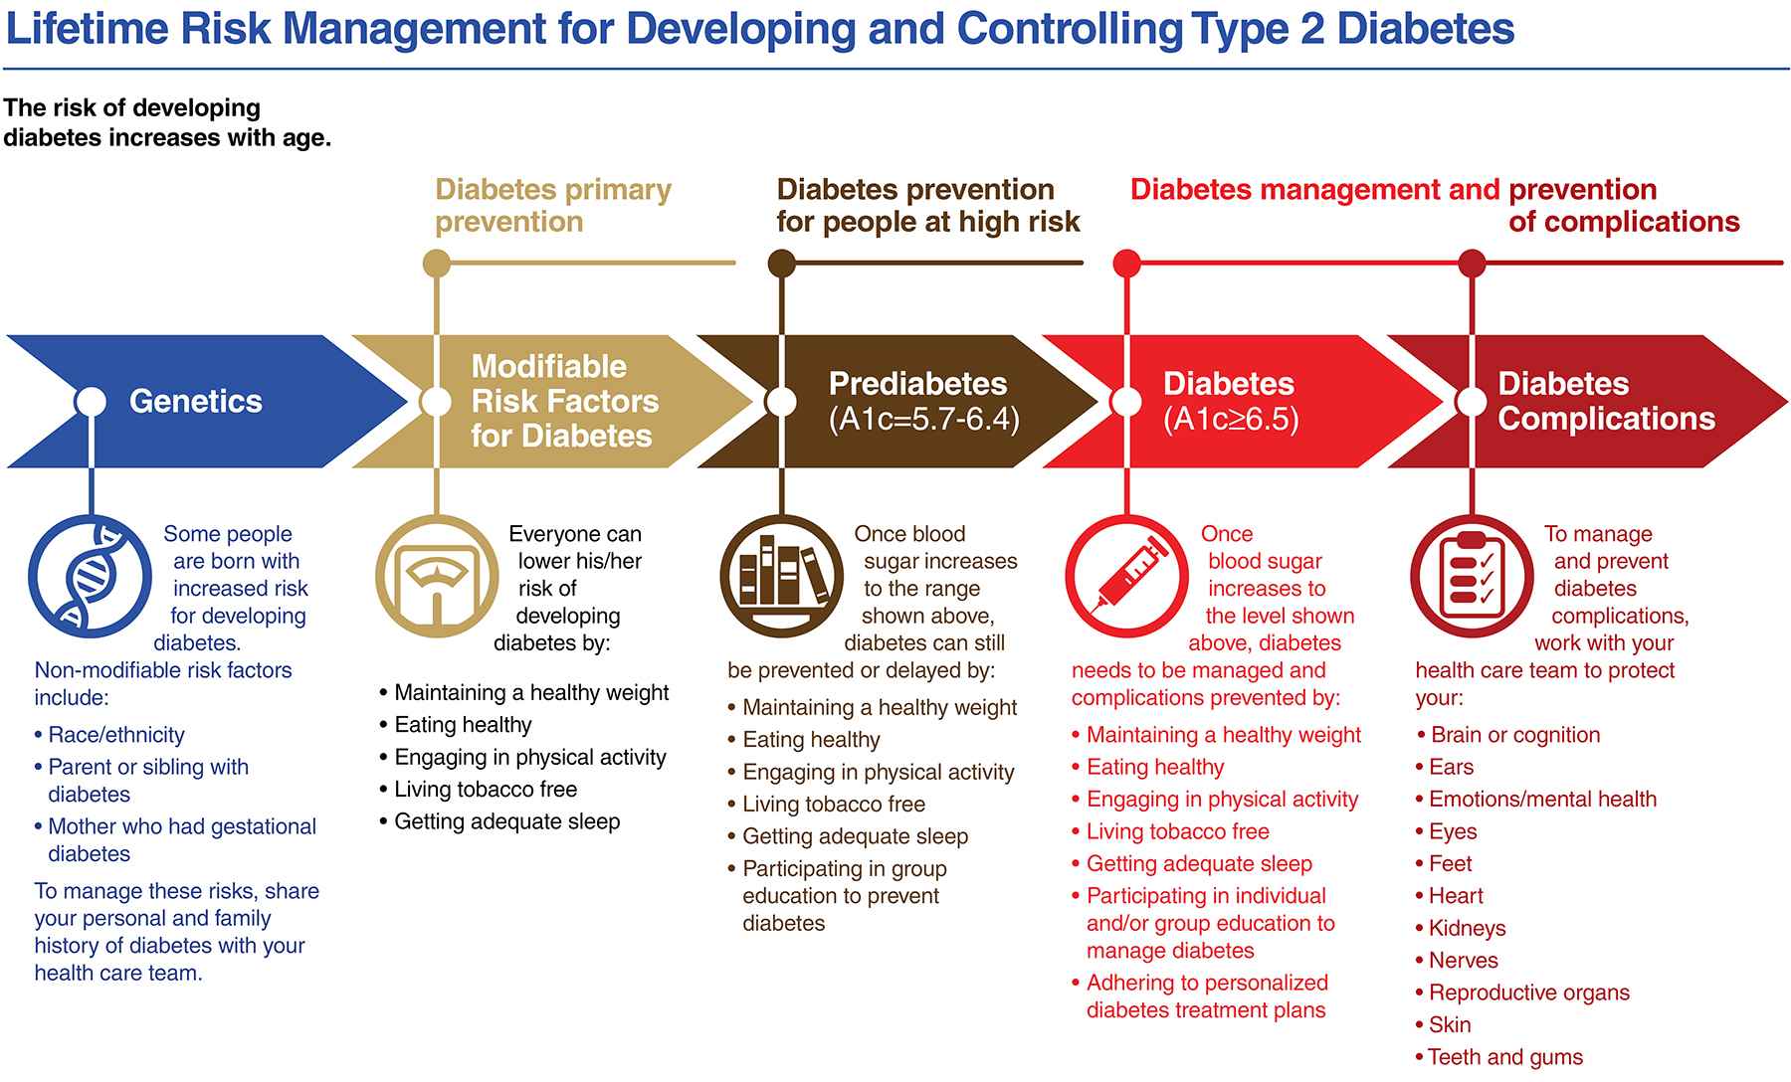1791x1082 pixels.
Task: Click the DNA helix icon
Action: click(x=90, y=577)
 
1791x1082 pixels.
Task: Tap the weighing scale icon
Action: click(x=437, y=577)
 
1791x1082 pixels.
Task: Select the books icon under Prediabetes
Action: click(x=782, y=577)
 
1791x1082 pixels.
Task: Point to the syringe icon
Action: click(x=1126, y=577)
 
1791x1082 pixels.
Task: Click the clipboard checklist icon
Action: click(x=1472, y=577)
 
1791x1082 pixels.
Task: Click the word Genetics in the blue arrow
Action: click(x=196, y=401)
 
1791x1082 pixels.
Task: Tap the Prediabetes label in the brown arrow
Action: click(x=917, y=384)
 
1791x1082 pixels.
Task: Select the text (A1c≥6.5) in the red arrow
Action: click(x=1231, y=420)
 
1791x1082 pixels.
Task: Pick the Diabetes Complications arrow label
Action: click(x=1606, y=401)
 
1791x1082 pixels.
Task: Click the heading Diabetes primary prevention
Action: click(x=553, y=205)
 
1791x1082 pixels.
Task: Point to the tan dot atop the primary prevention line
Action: click(x=437, y=264)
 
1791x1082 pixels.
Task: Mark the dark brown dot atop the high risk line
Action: click(x=782, y=264)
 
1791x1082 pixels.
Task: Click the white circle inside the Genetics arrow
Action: click(x=91, y=402)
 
